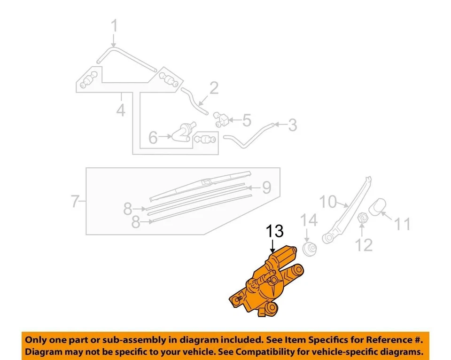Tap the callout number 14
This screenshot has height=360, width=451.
click(x=309, y=219)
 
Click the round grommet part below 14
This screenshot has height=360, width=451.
click(x=309, y=249)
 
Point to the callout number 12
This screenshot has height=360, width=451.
click(x=364, y=244)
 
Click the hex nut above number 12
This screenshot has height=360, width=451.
click(x=362, y=218)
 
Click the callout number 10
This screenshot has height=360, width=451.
click(x=329, y=202)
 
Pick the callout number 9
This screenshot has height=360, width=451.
click(x=267, y=188)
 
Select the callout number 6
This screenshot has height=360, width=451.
click(x=153, y=137)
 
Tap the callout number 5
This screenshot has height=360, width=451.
click(x=247, y=121)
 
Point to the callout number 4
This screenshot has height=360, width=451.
click(x=121, y=111)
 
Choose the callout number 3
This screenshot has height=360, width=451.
click(x=292, y=125)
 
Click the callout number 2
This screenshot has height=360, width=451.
click(x=214, y=88)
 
